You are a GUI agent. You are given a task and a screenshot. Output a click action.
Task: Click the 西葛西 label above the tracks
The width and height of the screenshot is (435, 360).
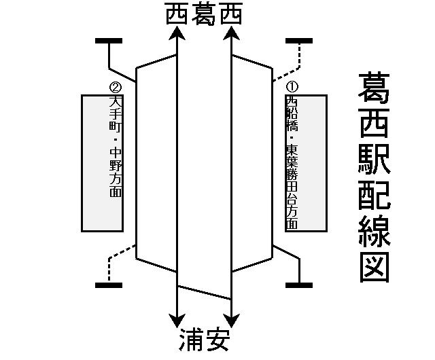click(204, 16)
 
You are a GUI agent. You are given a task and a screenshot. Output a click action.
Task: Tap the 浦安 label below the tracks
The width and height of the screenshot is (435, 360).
click(204, 339)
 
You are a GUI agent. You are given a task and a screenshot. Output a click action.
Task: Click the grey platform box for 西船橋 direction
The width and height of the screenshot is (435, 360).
click(306, 163)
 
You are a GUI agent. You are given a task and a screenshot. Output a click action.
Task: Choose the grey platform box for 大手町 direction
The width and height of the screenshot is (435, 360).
click(102, 163)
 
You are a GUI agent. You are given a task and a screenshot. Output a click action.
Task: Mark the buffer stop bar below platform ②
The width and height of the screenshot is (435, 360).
click(109, 285)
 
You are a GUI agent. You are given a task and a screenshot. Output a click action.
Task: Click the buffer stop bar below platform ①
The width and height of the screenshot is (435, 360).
click(299, 285)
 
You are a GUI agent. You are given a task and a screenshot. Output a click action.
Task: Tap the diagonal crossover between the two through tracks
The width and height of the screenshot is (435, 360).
click(204, 293)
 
